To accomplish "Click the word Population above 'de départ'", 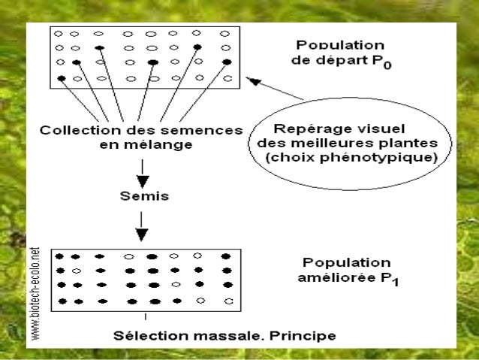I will (342, 47).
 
